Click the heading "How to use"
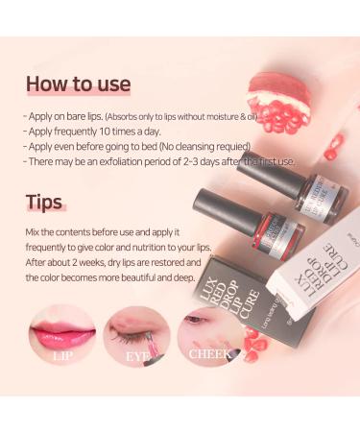[x=78, y=84]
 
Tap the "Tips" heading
[x=45, y=203]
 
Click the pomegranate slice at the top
[x=278, y=97]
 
